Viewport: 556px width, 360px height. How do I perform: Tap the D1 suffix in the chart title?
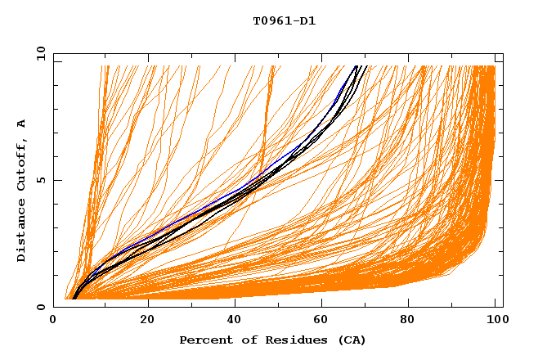pyautogui.click(x=307, y=21)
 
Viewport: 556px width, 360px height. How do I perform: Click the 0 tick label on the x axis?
pyautogui.click(x=54, y=320)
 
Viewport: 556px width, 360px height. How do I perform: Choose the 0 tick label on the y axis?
pyautogui.click(x=41, y=307)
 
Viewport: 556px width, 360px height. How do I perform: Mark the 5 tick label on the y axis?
pyautogui.click(x=41, y=180)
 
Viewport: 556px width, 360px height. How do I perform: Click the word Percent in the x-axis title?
pyautogui.click(x=203, y=340)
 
